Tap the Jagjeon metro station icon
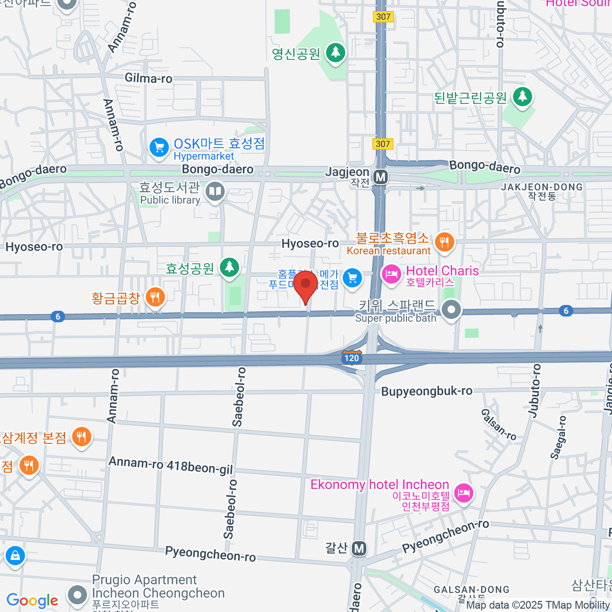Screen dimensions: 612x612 (x=380, y=177)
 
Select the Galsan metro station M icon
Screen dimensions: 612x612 (x=359, y=548)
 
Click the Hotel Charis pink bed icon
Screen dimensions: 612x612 (x=391, y=274)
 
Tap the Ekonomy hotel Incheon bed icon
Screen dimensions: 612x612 (x=463, y=493)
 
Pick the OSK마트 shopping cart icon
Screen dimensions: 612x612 (x=159, y=148)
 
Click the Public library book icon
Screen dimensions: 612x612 (x=215, y=192)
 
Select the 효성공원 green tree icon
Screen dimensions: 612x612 (x=229, y=266)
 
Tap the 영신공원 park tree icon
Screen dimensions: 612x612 (x=335, y=52)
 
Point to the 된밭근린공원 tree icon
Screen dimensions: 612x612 (x=522, y=96)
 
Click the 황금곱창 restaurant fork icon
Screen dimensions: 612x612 (x=155, y=296)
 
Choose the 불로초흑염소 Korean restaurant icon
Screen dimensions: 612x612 (x=444, y=242)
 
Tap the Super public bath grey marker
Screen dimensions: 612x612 (x=451, y=309)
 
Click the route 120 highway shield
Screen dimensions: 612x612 (x=351, y=357)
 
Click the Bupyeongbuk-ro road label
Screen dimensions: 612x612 (x=427, y=391)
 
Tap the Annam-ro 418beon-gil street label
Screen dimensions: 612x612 (x=171, y=465)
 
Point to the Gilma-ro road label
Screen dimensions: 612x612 (x=148, y=78)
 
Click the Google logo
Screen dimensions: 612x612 (x=32, y=600)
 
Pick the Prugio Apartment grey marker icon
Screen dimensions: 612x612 (x=78, y=594)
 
